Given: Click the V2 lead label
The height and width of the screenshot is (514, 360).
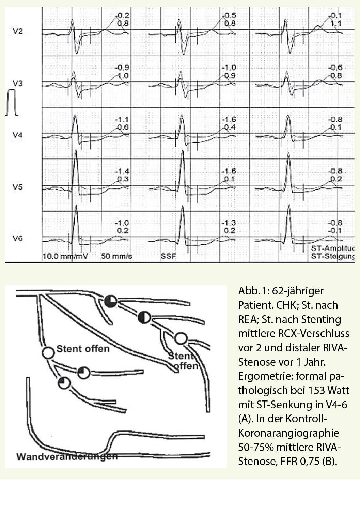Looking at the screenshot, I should coord(17,31).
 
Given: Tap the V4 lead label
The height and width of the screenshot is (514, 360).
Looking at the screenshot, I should coord(17,135).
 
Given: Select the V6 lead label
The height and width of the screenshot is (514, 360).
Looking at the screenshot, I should coord(17,238).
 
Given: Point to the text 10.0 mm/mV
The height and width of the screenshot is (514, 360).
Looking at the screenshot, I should coord(65,256).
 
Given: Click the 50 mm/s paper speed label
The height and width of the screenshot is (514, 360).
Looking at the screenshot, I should coord(116,256).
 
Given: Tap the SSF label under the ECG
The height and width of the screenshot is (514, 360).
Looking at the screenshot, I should coord(168,256).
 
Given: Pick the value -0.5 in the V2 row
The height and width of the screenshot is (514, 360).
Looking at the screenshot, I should coord(229,16).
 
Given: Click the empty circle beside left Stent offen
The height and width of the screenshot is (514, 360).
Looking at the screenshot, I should coord(48,353).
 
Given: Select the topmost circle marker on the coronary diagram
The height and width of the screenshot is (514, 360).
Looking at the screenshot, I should coord(110,301).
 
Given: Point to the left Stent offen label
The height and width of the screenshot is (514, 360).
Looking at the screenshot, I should coord(83,349).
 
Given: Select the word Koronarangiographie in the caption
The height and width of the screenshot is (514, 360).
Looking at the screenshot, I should coord(288,433).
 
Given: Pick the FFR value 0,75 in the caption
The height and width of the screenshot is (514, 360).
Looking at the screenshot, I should coord(310,462).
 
